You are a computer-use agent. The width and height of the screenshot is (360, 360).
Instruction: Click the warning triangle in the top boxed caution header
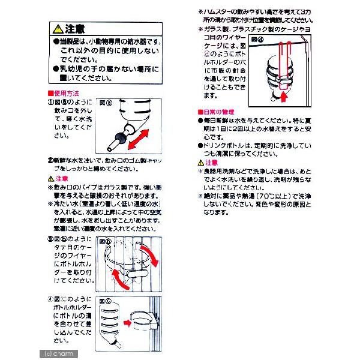click(58, 28)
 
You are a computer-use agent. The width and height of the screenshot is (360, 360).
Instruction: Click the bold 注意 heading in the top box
click(75, 28)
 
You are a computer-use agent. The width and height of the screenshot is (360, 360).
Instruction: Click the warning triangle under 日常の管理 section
click(201, 162)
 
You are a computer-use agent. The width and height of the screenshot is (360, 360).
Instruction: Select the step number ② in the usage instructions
click(50, 161)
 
